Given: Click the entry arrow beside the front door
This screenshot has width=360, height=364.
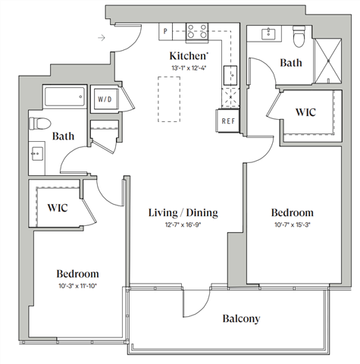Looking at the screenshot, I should coord(102,36).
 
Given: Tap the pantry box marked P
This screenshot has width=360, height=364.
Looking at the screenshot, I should coord(166,32).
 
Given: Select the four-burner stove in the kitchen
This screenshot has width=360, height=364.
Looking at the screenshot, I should coord(198,32).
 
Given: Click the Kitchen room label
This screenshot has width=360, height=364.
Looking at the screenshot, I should coord(186,55).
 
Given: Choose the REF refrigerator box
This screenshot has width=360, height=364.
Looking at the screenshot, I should coord(227,120).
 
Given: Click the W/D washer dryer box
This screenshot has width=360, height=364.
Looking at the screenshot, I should coord(103,99).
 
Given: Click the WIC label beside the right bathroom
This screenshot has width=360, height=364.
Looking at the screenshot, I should coord(305,112).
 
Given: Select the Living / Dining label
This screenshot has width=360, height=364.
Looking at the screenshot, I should coord(183,213).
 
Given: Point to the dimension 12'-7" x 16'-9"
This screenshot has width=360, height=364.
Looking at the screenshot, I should coord(183,224).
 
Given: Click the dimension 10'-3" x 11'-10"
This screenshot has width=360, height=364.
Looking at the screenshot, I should coord(77,285).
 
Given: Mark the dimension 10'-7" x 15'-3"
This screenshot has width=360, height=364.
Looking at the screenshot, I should coord(292,224).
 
